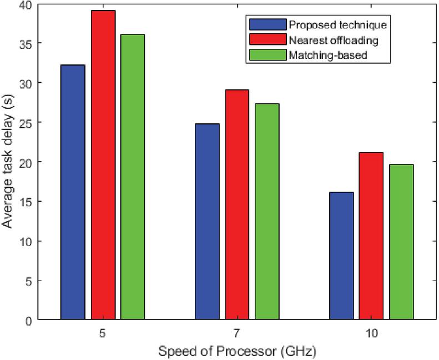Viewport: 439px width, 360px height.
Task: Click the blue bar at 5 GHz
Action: (73, 192)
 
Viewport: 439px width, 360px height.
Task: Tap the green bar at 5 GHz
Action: (133, 177)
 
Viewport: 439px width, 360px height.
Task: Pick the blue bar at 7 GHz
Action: (207, 222)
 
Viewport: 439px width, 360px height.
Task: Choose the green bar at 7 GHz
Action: (267, 212)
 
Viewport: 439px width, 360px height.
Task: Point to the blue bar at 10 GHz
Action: (341, 256)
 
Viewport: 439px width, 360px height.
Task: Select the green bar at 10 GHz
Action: (401, 242)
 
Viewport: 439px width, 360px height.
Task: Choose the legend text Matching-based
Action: (320, 54)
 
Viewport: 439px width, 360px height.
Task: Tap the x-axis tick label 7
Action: (238, 333)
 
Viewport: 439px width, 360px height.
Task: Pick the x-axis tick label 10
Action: (371, 333)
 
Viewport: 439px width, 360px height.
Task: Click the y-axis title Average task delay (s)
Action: (9, 162)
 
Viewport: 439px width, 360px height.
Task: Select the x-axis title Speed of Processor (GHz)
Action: (238, 352)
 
